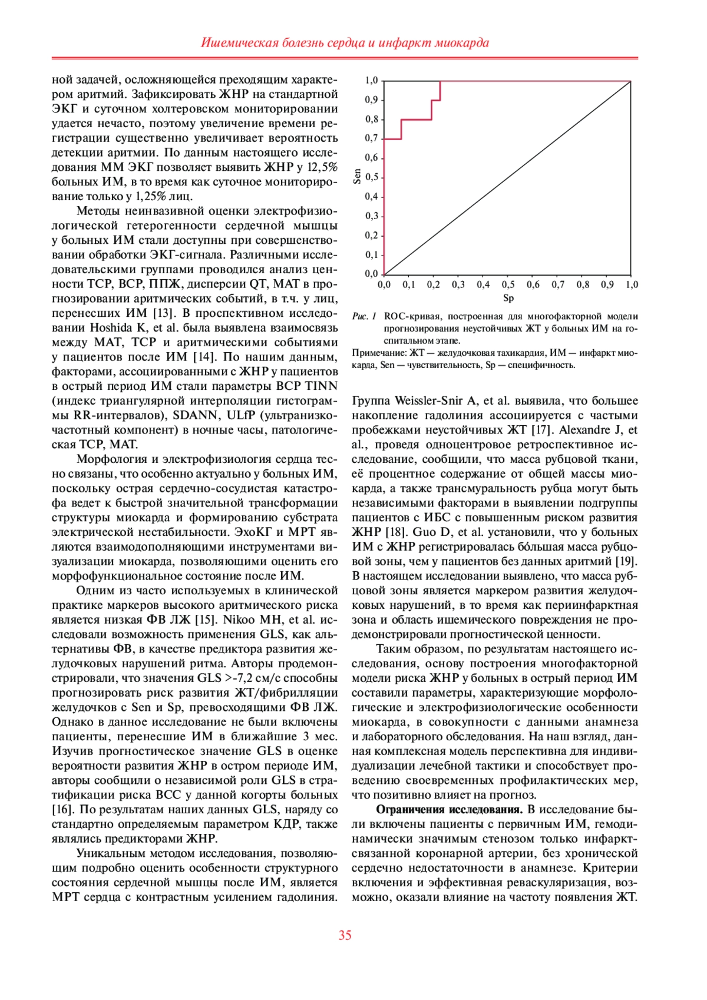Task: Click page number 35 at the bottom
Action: tap(345, 935)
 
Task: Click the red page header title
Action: tap(345, 42)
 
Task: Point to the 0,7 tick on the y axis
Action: tap(371, 138)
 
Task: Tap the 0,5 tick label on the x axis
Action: tap(508, 285)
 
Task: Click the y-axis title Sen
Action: tap(357, 177)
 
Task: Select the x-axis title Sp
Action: tap(508, 299)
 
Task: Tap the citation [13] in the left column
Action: tap(162, 313)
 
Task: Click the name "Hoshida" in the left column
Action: tap(110, 328)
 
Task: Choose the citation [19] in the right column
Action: tap(626, 562)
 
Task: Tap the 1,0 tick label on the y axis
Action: tap(371, 81)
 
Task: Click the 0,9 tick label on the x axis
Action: tap(607, 285)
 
